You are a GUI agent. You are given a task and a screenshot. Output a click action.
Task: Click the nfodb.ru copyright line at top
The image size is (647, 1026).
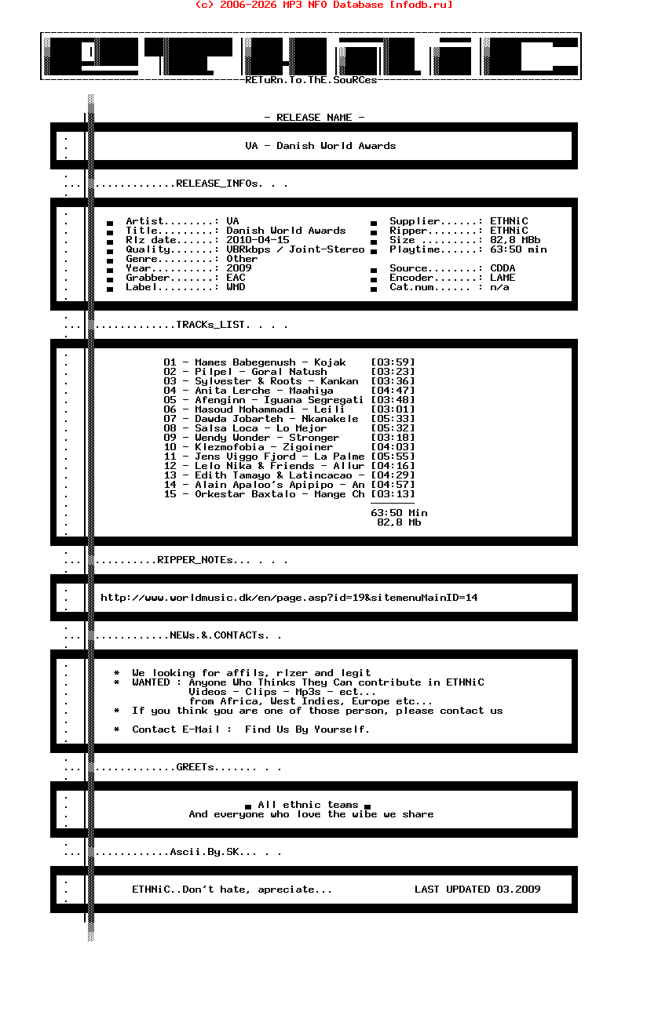[323, 5]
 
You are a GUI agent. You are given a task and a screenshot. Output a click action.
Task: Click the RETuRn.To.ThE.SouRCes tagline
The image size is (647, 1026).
[311, 80]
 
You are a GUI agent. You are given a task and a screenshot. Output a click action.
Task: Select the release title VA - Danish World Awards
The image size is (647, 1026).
[320, 146]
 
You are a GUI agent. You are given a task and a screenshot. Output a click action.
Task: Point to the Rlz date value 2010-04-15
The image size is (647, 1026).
[258, 240]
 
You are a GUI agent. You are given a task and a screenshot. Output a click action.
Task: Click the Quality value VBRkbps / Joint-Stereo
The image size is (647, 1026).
[295, 249]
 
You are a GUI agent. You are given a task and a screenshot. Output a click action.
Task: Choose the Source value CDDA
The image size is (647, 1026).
[503, 268]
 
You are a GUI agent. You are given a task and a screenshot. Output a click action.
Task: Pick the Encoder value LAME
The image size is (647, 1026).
[503, 278]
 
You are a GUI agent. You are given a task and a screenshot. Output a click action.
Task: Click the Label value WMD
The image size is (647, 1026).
[236, 287]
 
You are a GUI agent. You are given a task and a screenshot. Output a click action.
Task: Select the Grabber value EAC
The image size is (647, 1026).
[236, 278]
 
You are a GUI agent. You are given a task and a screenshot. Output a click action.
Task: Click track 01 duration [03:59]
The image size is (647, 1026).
[393, 362]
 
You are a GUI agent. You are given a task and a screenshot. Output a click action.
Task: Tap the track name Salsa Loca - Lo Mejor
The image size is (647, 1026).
[261, 428]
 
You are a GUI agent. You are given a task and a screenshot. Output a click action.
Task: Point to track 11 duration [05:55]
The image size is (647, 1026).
[393, 457]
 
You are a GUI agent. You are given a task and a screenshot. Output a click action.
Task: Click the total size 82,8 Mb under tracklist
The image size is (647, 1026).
[399, 522]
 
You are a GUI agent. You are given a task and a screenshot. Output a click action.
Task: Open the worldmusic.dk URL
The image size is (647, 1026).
[289, 598]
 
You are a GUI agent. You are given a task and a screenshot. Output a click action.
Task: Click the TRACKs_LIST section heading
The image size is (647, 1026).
[213, 325]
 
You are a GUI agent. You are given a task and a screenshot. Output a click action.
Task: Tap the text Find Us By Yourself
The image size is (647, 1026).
[307, 729]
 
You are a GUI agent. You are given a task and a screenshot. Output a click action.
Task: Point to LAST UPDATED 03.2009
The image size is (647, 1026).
[477, 890]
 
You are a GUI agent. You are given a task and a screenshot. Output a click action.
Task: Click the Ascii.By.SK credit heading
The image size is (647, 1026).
[213, 852]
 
